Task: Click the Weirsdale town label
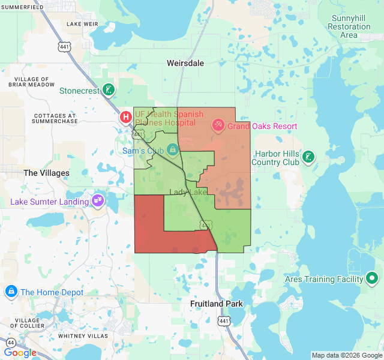(x=185, y=63)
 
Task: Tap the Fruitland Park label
(x=217, y=304)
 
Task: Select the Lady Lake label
(x=188, y=192)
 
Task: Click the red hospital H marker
(x=126, y=117)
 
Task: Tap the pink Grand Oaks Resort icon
(x=218, y=126)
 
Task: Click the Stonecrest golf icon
(x=108, y=91)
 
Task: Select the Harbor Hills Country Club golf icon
(x=308, y=157)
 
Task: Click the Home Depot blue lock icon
(x=11, y=292)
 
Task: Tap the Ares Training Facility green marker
(x=372, y=278)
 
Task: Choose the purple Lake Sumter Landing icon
(x=97, y=201)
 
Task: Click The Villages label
(x=46, y=173)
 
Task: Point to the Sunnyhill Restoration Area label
(x=351, y=26)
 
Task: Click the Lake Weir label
(x=83, y=24)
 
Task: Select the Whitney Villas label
(x=83, y=336)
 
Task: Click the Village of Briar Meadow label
(x=32, y=82)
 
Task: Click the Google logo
(x=20, y=353)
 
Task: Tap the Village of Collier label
(x=21, y=323)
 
